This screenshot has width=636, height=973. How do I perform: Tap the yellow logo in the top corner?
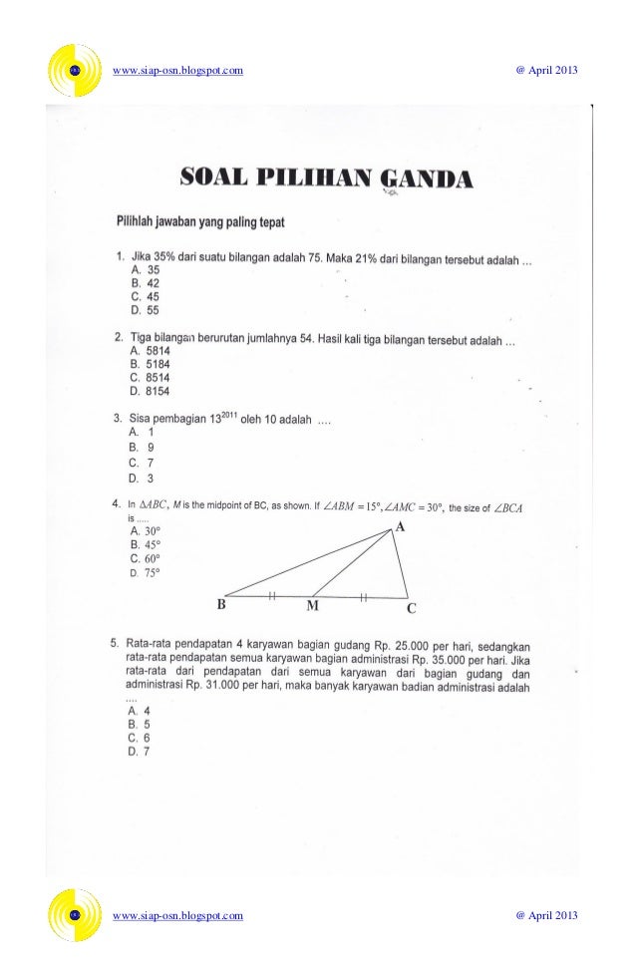(75, 70)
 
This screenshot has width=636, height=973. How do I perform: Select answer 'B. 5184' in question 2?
(149, 365)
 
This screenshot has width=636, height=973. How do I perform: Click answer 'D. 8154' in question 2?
(149, 391)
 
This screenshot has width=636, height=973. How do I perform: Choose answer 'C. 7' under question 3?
(141, 463)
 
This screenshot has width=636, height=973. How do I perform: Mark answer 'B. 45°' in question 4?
(146, 545)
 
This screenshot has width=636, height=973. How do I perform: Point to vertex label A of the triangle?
(400, 526)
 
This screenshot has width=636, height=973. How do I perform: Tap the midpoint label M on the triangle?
(312, 605)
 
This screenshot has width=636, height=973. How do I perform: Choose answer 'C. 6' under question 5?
(140, 738)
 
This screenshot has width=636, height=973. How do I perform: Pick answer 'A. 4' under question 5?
(140, 711)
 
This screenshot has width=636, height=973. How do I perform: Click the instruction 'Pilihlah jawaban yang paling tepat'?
(203, 220)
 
